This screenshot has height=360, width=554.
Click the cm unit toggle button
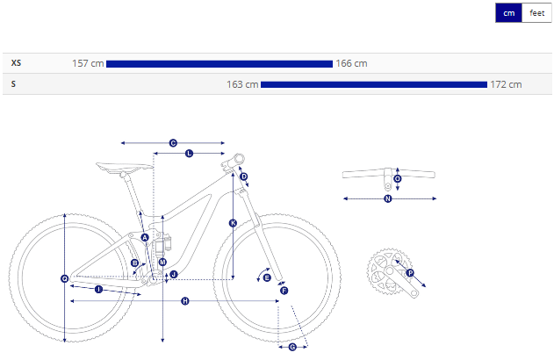tap(508, 13)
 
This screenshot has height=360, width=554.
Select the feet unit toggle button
tap(536, 13)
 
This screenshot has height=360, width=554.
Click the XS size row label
tap(16, 63)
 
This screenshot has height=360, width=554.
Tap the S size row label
tap(13, 84)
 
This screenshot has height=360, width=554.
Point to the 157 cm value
tap(88, 63)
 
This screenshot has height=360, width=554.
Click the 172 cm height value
tap(506, 84)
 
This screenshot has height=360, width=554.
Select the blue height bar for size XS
tap(219, 64)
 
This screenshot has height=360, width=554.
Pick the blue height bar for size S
tap(374, 85)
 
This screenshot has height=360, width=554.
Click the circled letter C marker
tap(173, 143)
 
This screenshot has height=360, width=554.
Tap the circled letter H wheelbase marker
tap(185, 301)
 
